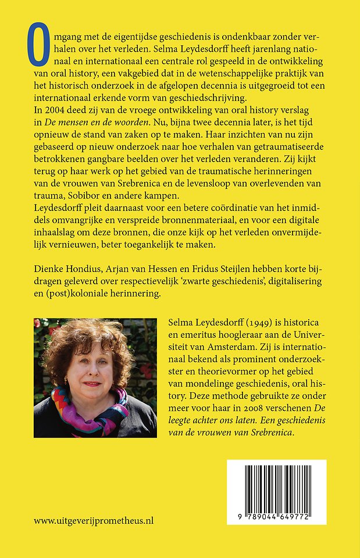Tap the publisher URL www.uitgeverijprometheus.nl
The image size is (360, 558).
[94, 521]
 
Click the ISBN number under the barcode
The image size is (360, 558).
[276, 516]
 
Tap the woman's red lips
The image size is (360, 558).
[92, 384]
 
